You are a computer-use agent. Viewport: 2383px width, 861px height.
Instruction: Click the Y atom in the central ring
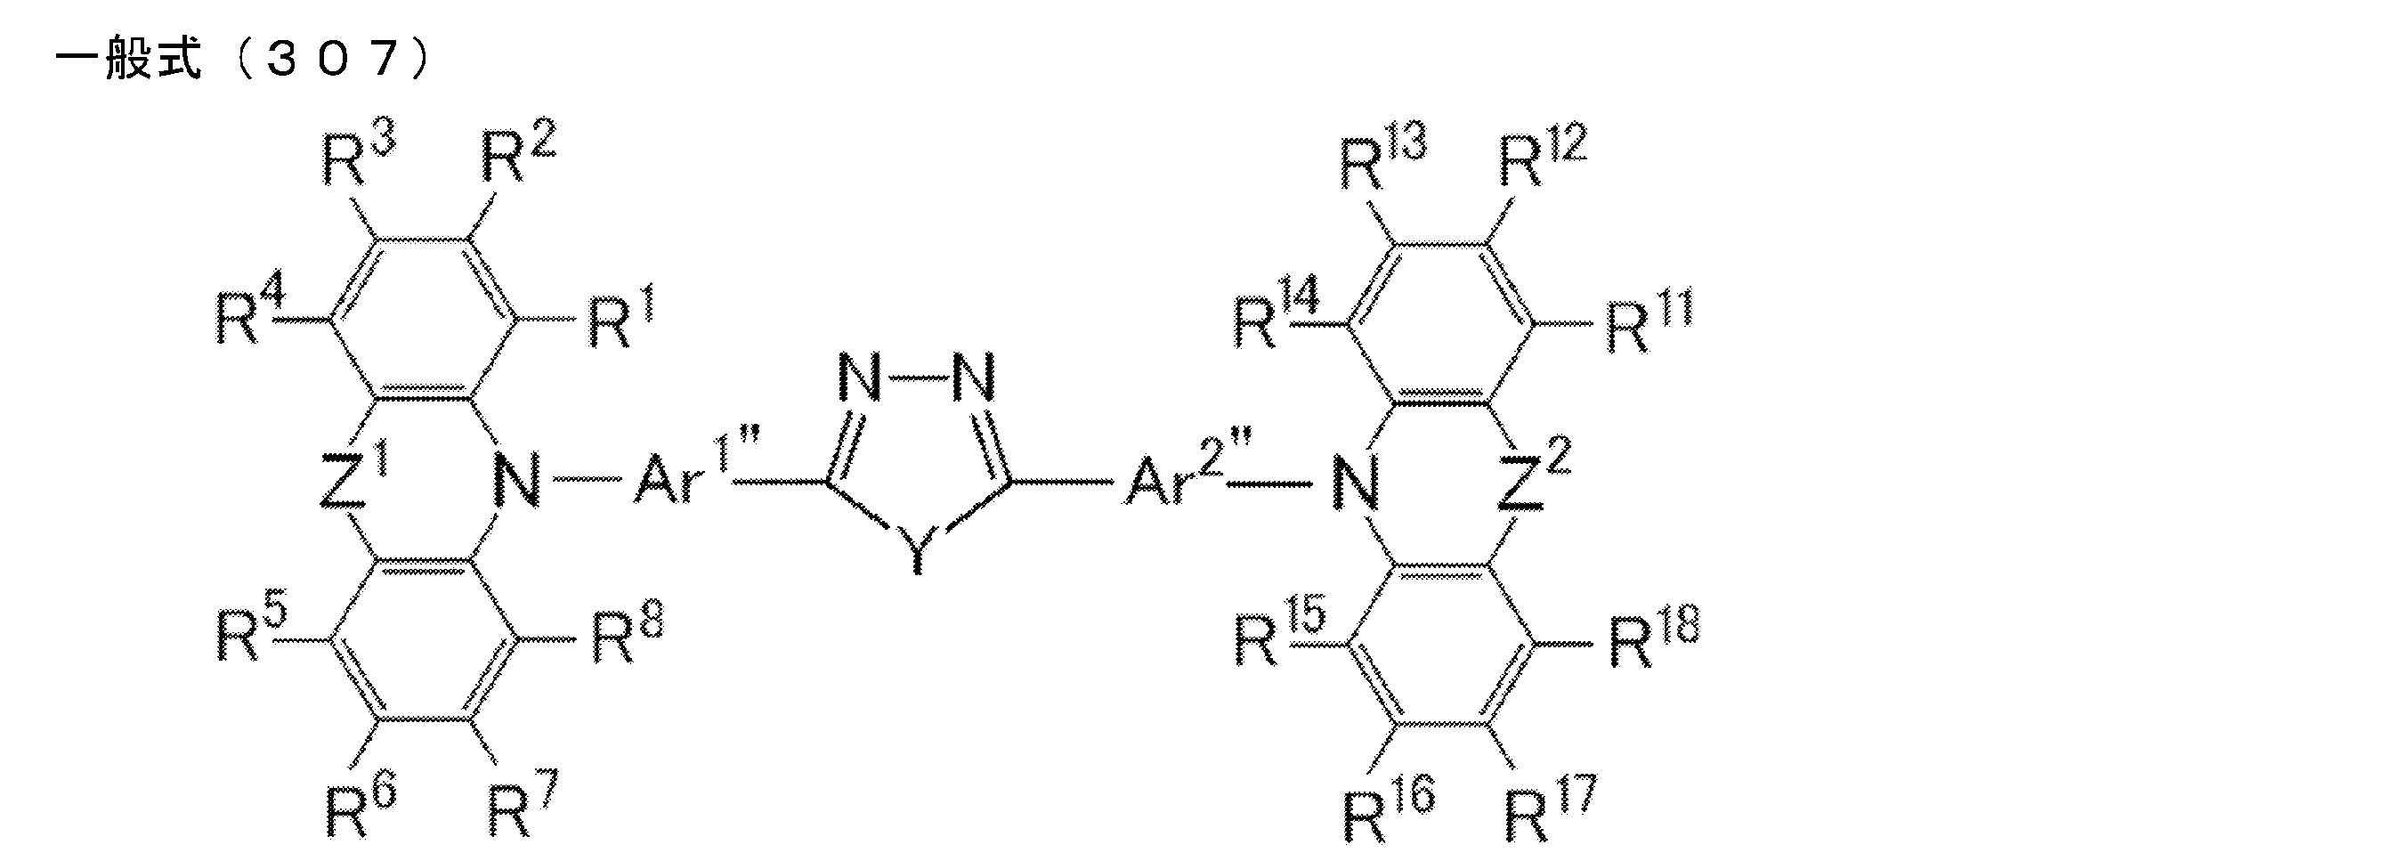[916, 551]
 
